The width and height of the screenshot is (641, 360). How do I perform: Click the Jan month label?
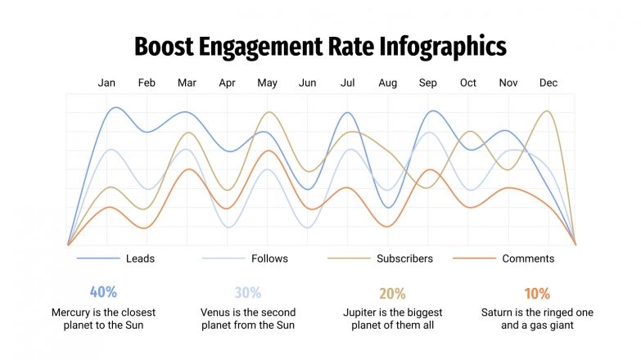[106, 83]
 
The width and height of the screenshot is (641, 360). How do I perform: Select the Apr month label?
[228, 83]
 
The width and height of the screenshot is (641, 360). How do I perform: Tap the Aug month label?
[388, 83]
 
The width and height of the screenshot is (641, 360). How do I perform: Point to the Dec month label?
[548, 83]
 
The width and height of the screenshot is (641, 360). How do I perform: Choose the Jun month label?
[308, 83]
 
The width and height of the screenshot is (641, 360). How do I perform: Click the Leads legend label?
[140, 259]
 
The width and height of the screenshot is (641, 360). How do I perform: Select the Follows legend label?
[269, 259]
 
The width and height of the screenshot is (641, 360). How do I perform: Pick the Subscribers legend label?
[404, 259]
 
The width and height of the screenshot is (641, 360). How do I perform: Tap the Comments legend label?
[528, 259]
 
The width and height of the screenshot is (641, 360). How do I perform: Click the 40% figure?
[103, 292]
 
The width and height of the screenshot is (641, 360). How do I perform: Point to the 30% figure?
[247, 293]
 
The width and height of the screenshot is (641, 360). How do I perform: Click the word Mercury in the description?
[73, 313]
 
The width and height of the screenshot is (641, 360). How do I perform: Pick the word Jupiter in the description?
[363, 313]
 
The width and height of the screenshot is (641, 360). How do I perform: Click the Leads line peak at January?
[115, 108]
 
